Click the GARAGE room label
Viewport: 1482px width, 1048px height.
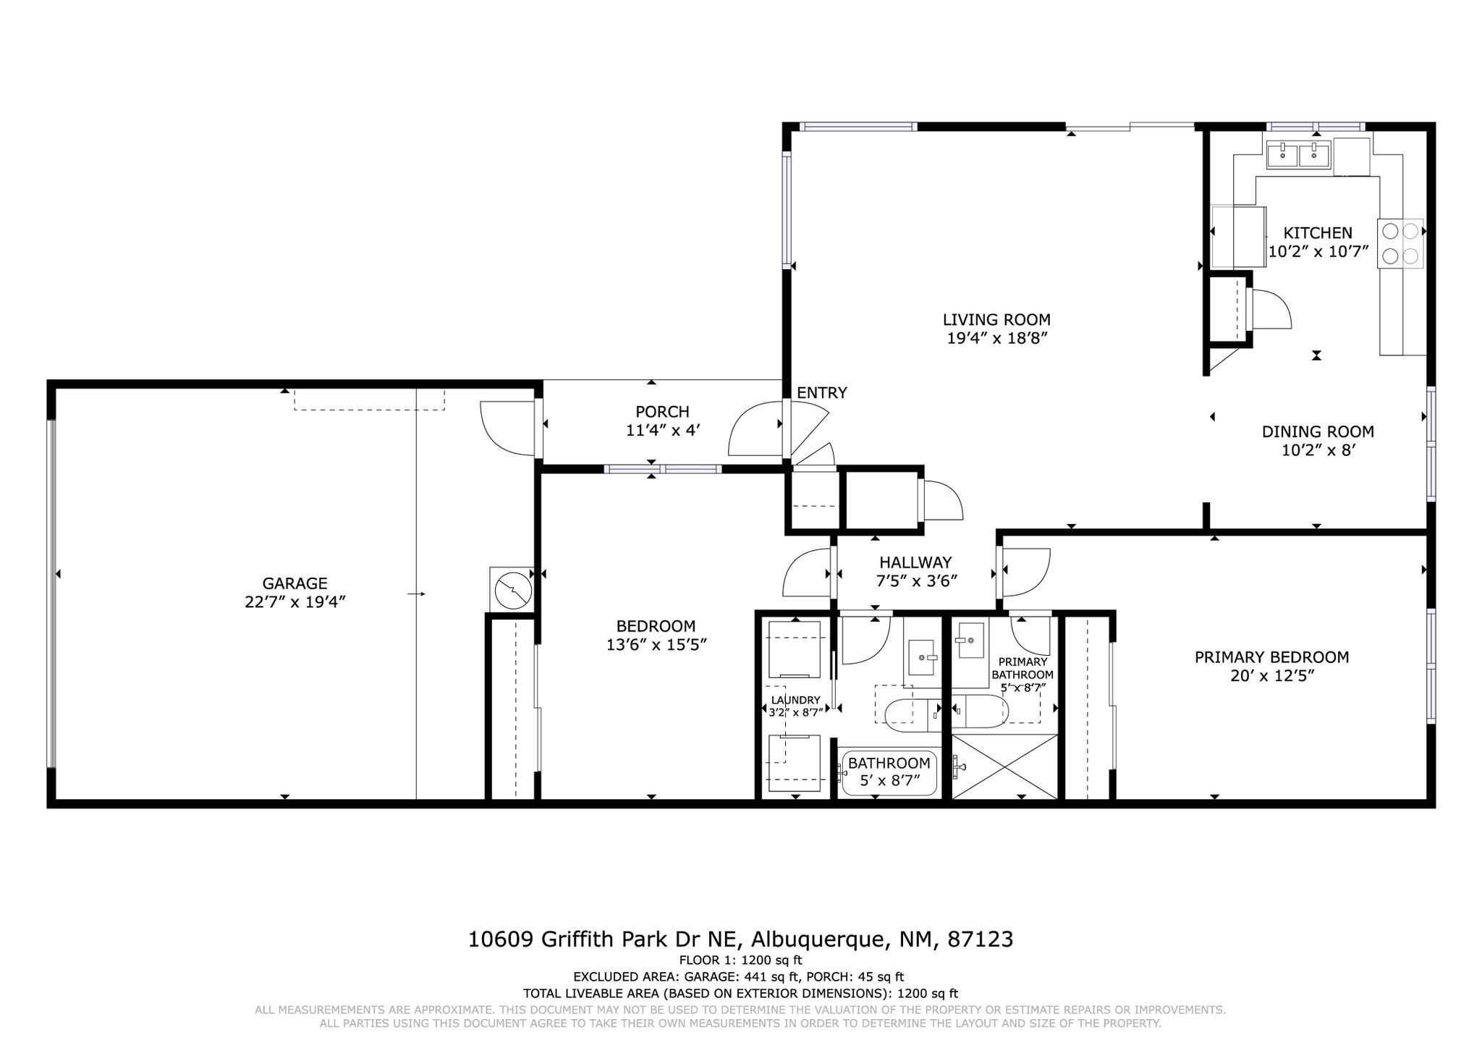tap(295, 583)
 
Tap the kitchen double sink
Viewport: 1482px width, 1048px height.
tap(1297, 155)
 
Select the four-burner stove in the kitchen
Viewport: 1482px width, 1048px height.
tap(1400, 243)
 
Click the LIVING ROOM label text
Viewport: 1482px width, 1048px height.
tap(996, 319)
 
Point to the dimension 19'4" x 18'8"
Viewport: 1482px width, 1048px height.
tap(997, 338)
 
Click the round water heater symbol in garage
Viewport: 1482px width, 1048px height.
tap(512, 591)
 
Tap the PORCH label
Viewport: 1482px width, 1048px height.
tap(662, 412)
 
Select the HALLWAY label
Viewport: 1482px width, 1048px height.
tap(915, 562)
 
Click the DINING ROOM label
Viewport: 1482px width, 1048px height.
tap(1318, 432)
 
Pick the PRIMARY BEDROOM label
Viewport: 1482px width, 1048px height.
tap(1271, 657)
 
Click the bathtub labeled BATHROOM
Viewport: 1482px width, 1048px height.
tap(889, 773)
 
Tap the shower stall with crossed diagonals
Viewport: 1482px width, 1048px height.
tap(1004, 767)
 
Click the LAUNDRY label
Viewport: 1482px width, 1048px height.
tap(795, 700)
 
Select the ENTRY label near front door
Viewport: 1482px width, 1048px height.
tap(821, 393)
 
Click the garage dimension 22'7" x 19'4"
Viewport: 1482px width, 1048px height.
tap(295, 602)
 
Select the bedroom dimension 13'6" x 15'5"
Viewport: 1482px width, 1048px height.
tap(656, 645)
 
